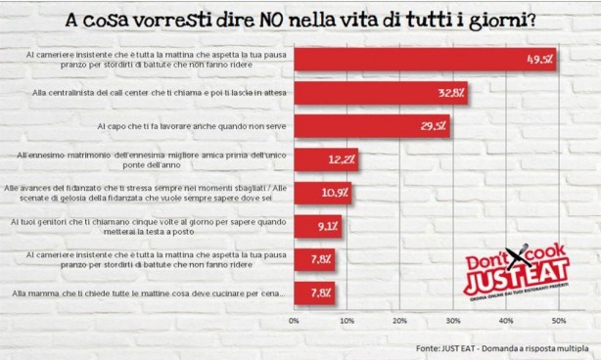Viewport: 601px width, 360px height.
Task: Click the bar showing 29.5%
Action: [371, 126]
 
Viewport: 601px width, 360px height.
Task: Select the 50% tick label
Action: [557, 320]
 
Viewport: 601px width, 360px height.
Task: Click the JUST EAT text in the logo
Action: [501, 289]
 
